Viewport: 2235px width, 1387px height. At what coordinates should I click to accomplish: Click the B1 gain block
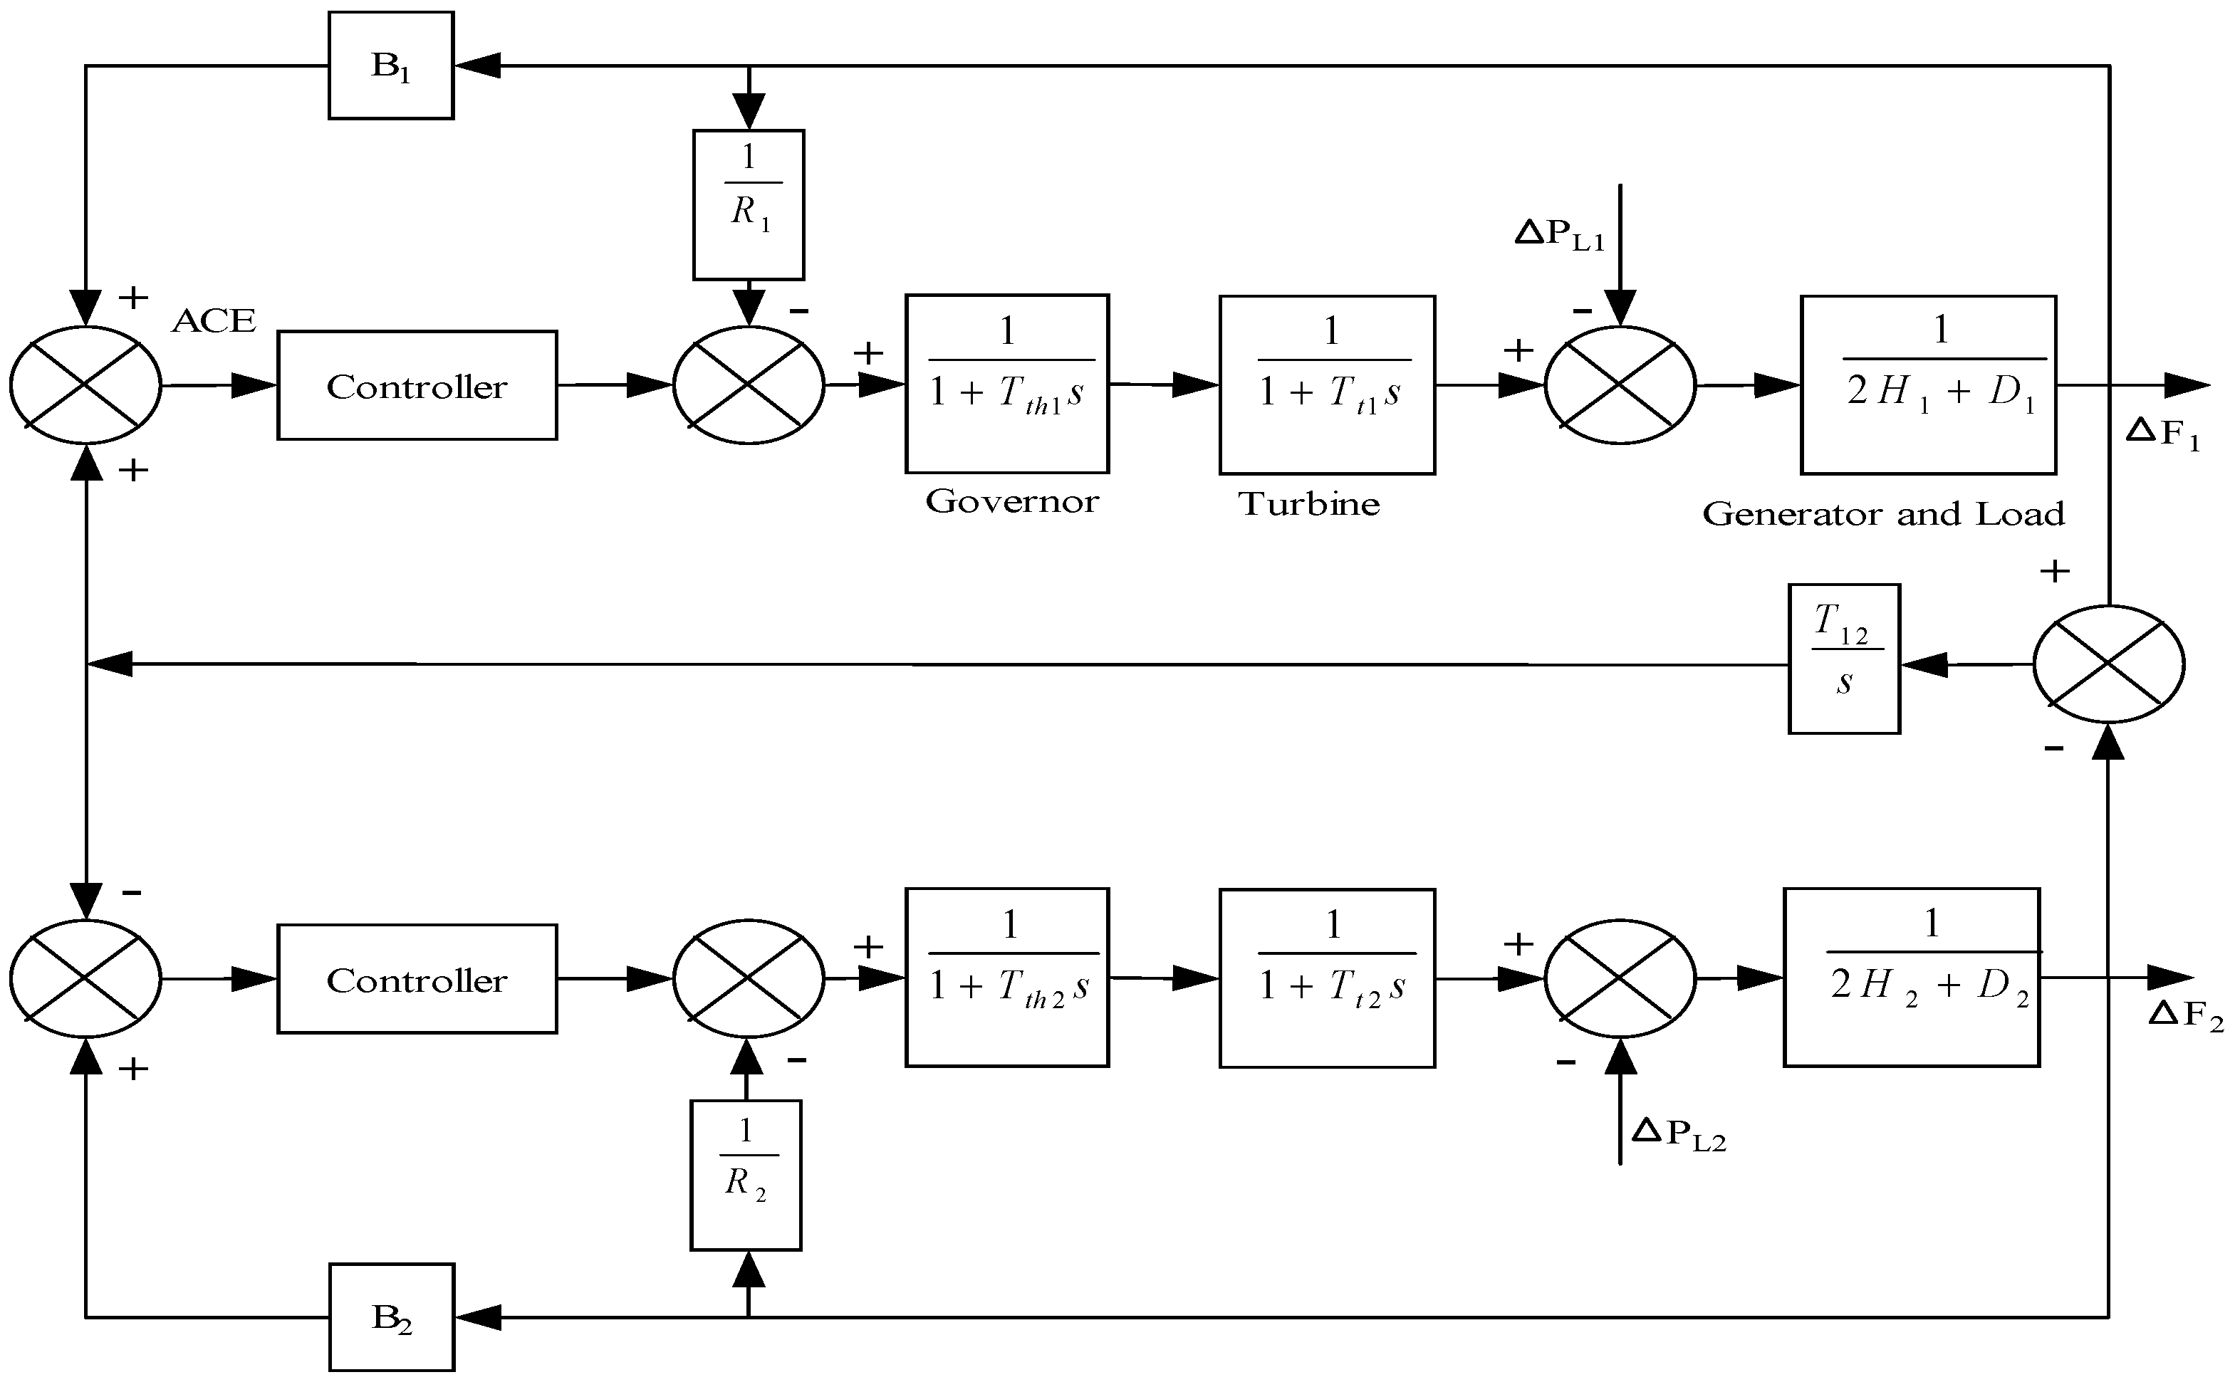(391, 65)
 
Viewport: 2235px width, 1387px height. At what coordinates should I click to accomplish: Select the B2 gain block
(391, 1317)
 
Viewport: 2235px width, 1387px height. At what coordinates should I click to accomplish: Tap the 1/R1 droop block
(749, 204)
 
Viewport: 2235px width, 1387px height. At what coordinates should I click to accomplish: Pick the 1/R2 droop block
(746, 1175)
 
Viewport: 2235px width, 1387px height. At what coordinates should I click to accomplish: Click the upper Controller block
(417, 385)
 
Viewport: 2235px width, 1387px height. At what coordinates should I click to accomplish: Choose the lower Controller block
(417, 979)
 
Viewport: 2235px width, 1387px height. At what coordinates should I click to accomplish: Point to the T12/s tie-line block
(1844, 659)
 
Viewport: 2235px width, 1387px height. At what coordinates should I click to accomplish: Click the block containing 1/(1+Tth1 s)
(1007, 384)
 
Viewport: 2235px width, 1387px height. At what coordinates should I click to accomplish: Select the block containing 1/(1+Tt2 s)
(1327, 978)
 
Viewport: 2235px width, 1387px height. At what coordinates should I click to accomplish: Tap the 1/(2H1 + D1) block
(1929, 384)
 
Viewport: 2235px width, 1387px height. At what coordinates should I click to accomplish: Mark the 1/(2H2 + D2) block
(1912, 977)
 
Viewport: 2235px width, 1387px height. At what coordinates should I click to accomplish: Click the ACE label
(214, 321)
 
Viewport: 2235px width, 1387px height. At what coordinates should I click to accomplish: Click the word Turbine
(1309, 503)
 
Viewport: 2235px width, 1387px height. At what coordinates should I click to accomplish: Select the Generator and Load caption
(1884, 513)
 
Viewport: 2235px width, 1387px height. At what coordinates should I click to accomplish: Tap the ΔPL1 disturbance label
(1560, 234)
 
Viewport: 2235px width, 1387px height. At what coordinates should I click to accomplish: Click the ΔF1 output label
(2162, 432)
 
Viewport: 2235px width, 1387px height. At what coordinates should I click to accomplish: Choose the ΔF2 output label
(2185, 1015)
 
